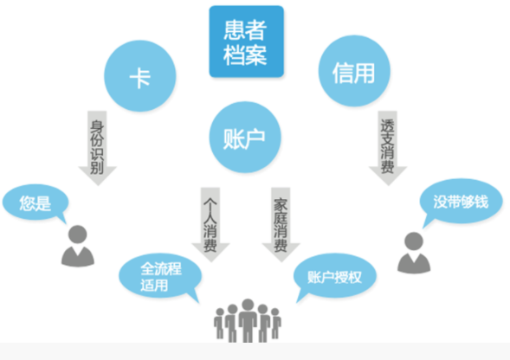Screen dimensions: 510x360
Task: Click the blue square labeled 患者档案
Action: [x=246, y=42]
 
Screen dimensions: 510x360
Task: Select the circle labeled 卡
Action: [x=140, y=76]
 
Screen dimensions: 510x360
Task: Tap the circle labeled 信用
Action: [x=354, y=71]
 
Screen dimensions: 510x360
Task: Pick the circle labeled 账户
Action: [x=245, y=137]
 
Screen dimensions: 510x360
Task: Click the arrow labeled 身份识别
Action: [x=97, y=148]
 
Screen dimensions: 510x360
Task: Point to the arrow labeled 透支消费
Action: [x=388, y=148]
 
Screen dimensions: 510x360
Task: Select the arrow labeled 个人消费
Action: [x=210, y=224]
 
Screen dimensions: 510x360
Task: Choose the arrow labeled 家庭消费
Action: [x=281, y=224]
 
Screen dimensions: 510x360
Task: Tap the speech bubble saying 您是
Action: [x=36, y=202]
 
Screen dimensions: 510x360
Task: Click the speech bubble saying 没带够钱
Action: [x=461, y=202]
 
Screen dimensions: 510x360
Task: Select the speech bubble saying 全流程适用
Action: [x=160, y=276]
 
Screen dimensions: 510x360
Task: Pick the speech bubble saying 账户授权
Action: [x=335, y=276]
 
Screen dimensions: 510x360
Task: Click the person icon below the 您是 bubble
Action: [x=78, y=246]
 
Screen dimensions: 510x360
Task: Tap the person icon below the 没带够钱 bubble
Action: [x=414, y=253]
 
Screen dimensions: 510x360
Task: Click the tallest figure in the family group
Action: [x=248, y=320]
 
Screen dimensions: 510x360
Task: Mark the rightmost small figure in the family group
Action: [x=276, y=324]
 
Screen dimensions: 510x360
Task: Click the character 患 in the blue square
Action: [x=235, y=29]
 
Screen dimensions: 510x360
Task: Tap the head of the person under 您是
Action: [x=78, y=235]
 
